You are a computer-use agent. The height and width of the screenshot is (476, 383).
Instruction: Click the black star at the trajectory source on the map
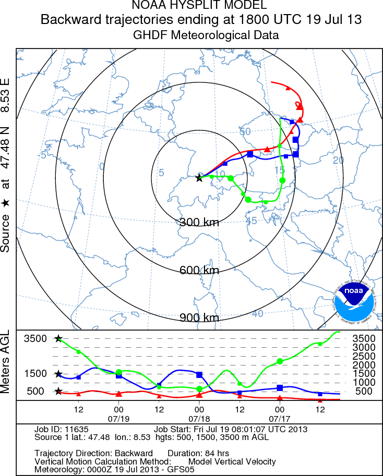(199, 178)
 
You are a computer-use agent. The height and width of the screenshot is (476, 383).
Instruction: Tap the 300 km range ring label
(199, 222)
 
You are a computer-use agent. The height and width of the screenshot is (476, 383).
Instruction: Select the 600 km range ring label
(199, 270)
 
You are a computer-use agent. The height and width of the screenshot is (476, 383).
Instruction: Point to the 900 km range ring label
(199, 318)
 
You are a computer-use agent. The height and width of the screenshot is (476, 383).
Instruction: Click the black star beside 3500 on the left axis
(58, 338)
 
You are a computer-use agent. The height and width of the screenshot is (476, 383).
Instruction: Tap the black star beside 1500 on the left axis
(58, 374)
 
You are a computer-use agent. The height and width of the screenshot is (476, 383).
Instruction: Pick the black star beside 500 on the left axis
(58, 392)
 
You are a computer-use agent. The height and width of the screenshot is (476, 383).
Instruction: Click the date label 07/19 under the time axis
(119, 419)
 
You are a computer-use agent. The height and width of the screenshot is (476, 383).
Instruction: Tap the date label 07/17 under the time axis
(280, 419)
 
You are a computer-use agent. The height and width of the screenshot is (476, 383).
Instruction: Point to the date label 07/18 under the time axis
(199, 419)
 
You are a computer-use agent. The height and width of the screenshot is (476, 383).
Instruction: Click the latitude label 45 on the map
(252, 221)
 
